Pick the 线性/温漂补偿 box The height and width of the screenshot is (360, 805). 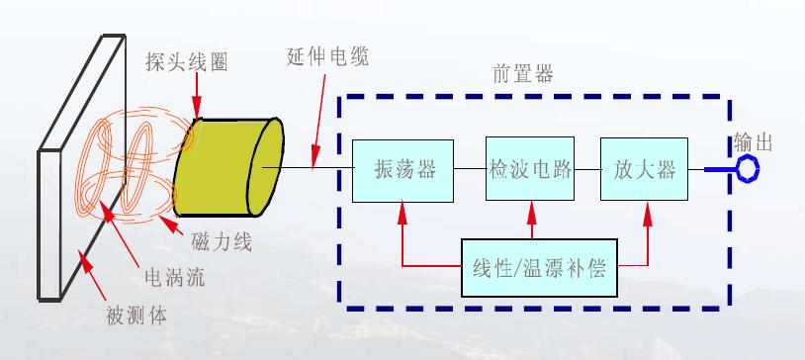[x=539, y=267]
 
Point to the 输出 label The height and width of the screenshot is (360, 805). [x=767, y=142]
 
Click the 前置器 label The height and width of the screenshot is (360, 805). [x=523, y=73]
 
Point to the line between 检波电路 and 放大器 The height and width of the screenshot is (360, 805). [x=587, y=169]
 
